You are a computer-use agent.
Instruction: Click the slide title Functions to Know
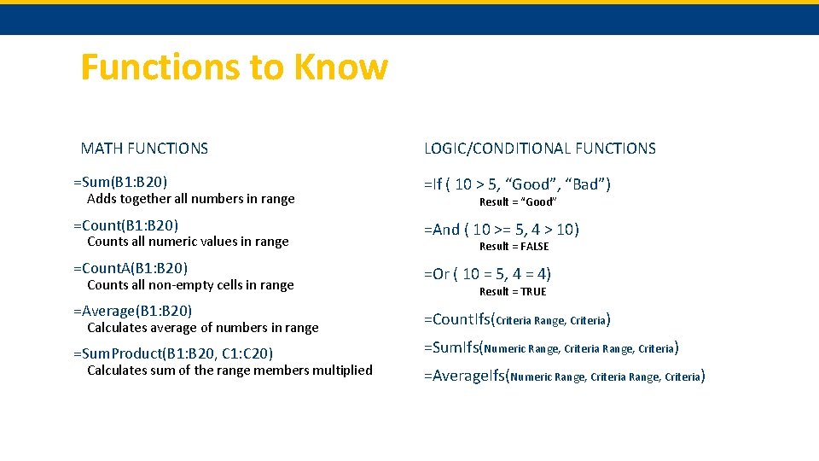[x=234, y=67]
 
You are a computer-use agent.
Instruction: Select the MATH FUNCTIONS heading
[x=144, y=149]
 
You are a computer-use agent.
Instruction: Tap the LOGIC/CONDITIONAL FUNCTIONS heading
[x=540, y=149]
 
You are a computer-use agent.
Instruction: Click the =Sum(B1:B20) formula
[x=120, y=182]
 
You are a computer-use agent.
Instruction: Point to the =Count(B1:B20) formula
[x=125, y=225]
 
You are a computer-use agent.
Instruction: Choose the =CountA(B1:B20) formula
[x=131, y=268]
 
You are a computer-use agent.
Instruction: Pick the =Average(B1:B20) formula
[x=133, y=311]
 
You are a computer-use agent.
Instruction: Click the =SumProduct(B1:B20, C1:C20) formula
[x=173, y=353]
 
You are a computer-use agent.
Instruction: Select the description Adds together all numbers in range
[x=190, y=199]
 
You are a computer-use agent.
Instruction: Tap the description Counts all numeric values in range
[x=188, y=242]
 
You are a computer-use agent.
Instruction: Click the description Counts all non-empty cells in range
[x=190, y=285]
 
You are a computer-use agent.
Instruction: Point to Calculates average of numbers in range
[x=202, y=328]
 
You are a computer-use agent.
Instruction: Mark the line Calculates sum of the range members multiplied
[x=229, y=371]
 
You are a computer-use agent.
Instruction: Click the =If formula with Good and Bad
[x=517, y=184]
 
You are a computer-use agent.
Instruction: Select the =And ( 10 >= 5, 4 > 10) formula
[x=502, y=230]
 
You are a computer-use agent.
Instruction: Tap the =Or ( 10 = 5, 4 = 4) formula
[x=487, y=274]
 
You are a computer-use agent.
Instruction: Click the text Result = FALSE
[x=514, y=247]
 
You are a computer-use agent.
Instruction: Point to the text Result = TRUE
[x=512, y=292]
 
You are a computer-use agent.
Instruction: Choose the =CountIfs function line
[x=517, y=320]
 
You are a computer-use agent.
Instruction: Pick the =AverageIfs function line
[x=564, y=376]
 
